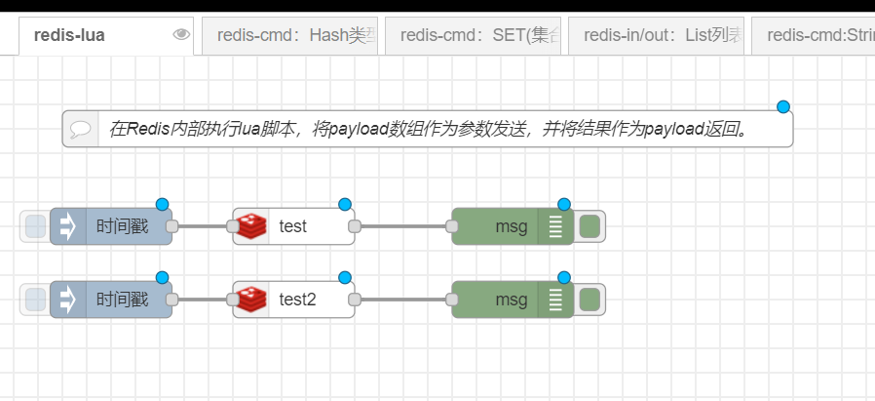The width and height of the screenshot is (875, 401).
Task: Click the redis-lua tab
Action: pos(70,36)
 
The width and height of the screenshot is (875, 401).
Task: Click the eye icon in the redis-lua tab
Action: pos(180,35)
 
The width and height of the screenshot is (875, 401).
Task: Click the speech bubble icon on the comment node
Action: pos(81,129)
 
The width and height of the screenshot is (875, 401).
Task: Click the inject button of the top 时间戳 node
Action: pos(35,226)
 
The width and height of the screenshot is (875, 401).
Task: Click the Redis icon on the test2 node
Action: pos(252,300)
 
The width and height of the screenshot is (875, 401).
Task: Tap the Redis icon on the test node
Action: pos(252,226)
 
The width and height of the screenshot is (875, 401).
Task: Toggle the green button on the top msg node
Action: pos(590,226)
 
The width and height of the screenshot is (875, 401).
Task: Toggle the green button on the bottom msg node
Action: pos(590,300)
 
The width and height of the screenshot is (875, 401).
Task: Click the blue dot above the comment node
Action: pos(782,107)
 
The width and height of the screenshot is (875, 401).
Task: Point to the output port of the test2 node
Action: pos(355,300)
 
